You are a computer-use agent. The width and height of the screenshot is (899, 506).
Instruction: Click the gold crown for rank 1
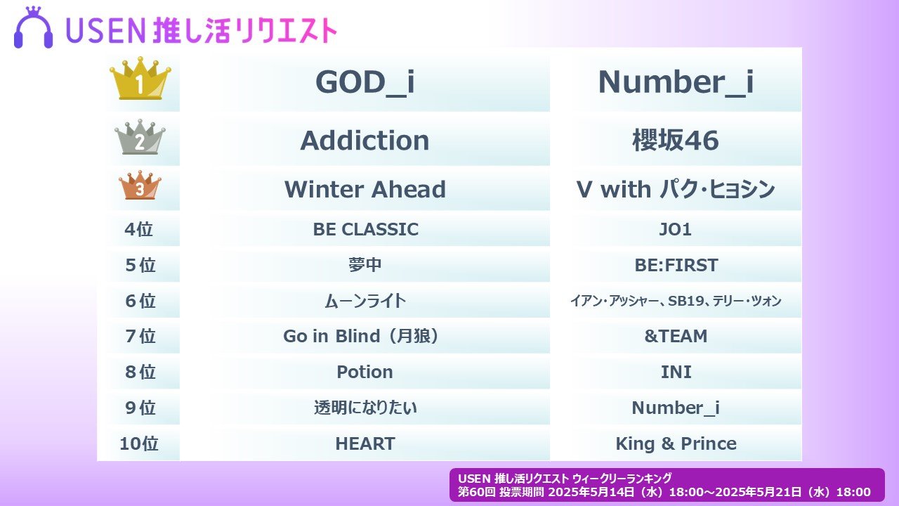(x=140, y=78)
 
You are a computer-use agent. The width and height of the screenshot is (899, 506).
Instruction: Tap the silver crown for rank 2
(x=140, y=137)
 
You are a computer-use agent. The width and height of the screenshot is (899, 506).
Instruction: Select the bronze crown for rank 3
(x=140, y=185)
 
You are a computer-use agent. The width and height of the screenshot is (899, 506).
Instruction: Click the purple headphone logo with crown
(x=33, y=27)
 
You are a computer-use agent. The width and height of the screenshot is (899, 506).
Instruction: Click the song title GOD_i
(x=365, y=82)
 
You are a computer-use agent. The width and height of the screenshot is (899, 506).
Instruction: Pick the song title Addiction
(x=365, y=141)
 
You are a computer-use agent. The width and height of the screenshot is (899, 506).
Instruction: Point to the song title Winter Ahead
(x=365, y=189)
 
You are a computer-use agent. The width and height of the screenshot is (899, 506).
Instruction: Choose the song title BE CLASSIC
(x=366, y=229)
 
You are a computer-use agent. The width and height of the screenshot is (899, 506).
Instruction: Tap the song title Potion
(x=365, y=372)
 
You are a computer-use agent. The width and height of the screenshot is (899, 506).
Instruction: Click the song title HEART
(x=365, y=443)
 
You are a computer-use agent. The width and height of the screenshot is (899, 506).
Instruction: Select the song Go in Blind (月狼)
(x=361, y=336)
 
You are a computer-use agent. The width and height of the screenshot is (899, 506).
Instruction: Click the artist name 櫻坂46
(x=676, y=141)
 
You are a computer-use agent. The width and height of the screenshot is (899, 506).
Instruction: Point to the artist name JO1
(x=676, y=229)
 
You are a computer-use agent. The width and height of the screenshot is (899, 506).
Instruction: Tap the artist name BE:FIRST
(x=676, y=265)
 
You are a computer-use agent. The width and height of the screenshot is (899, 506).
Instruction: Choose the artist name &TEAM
(x=676, y=336)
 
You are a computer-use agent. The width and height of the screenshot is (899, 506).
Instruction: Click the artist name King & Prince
(x=676, y=443)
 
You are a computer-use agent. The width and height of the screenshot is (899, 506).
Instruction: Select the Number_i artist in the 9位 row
(x=676, y=408)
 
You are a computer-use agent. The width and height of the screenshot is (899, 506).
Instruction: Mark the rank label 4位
(x=139, y=229)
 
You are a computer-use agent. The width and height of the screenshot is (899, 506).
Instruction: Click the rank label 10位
(x=139, y=443)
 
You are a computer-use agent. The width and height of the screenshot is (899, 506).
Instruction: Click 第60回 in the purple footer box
(x=476, y=492)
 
